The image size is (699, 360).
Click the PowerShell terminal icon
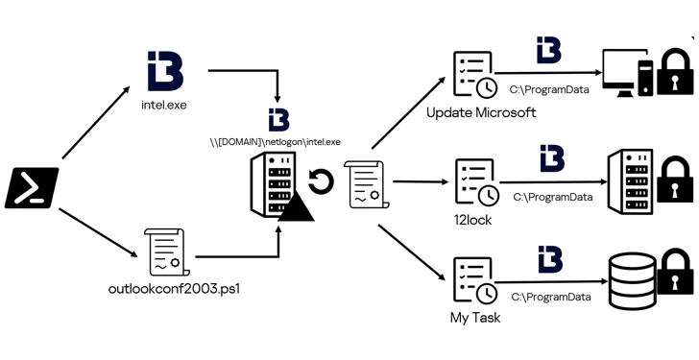[32, 187]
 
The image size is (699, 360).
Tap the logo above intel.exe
[164, 70]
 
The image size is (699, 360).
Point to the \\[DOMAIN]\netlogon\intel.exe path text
[277, 142]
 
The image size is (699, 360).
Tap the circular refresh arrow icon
[321, 181]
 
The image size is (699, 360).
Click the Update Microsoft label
[480, 113]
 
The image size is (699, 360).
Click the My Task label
[474, 316]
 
